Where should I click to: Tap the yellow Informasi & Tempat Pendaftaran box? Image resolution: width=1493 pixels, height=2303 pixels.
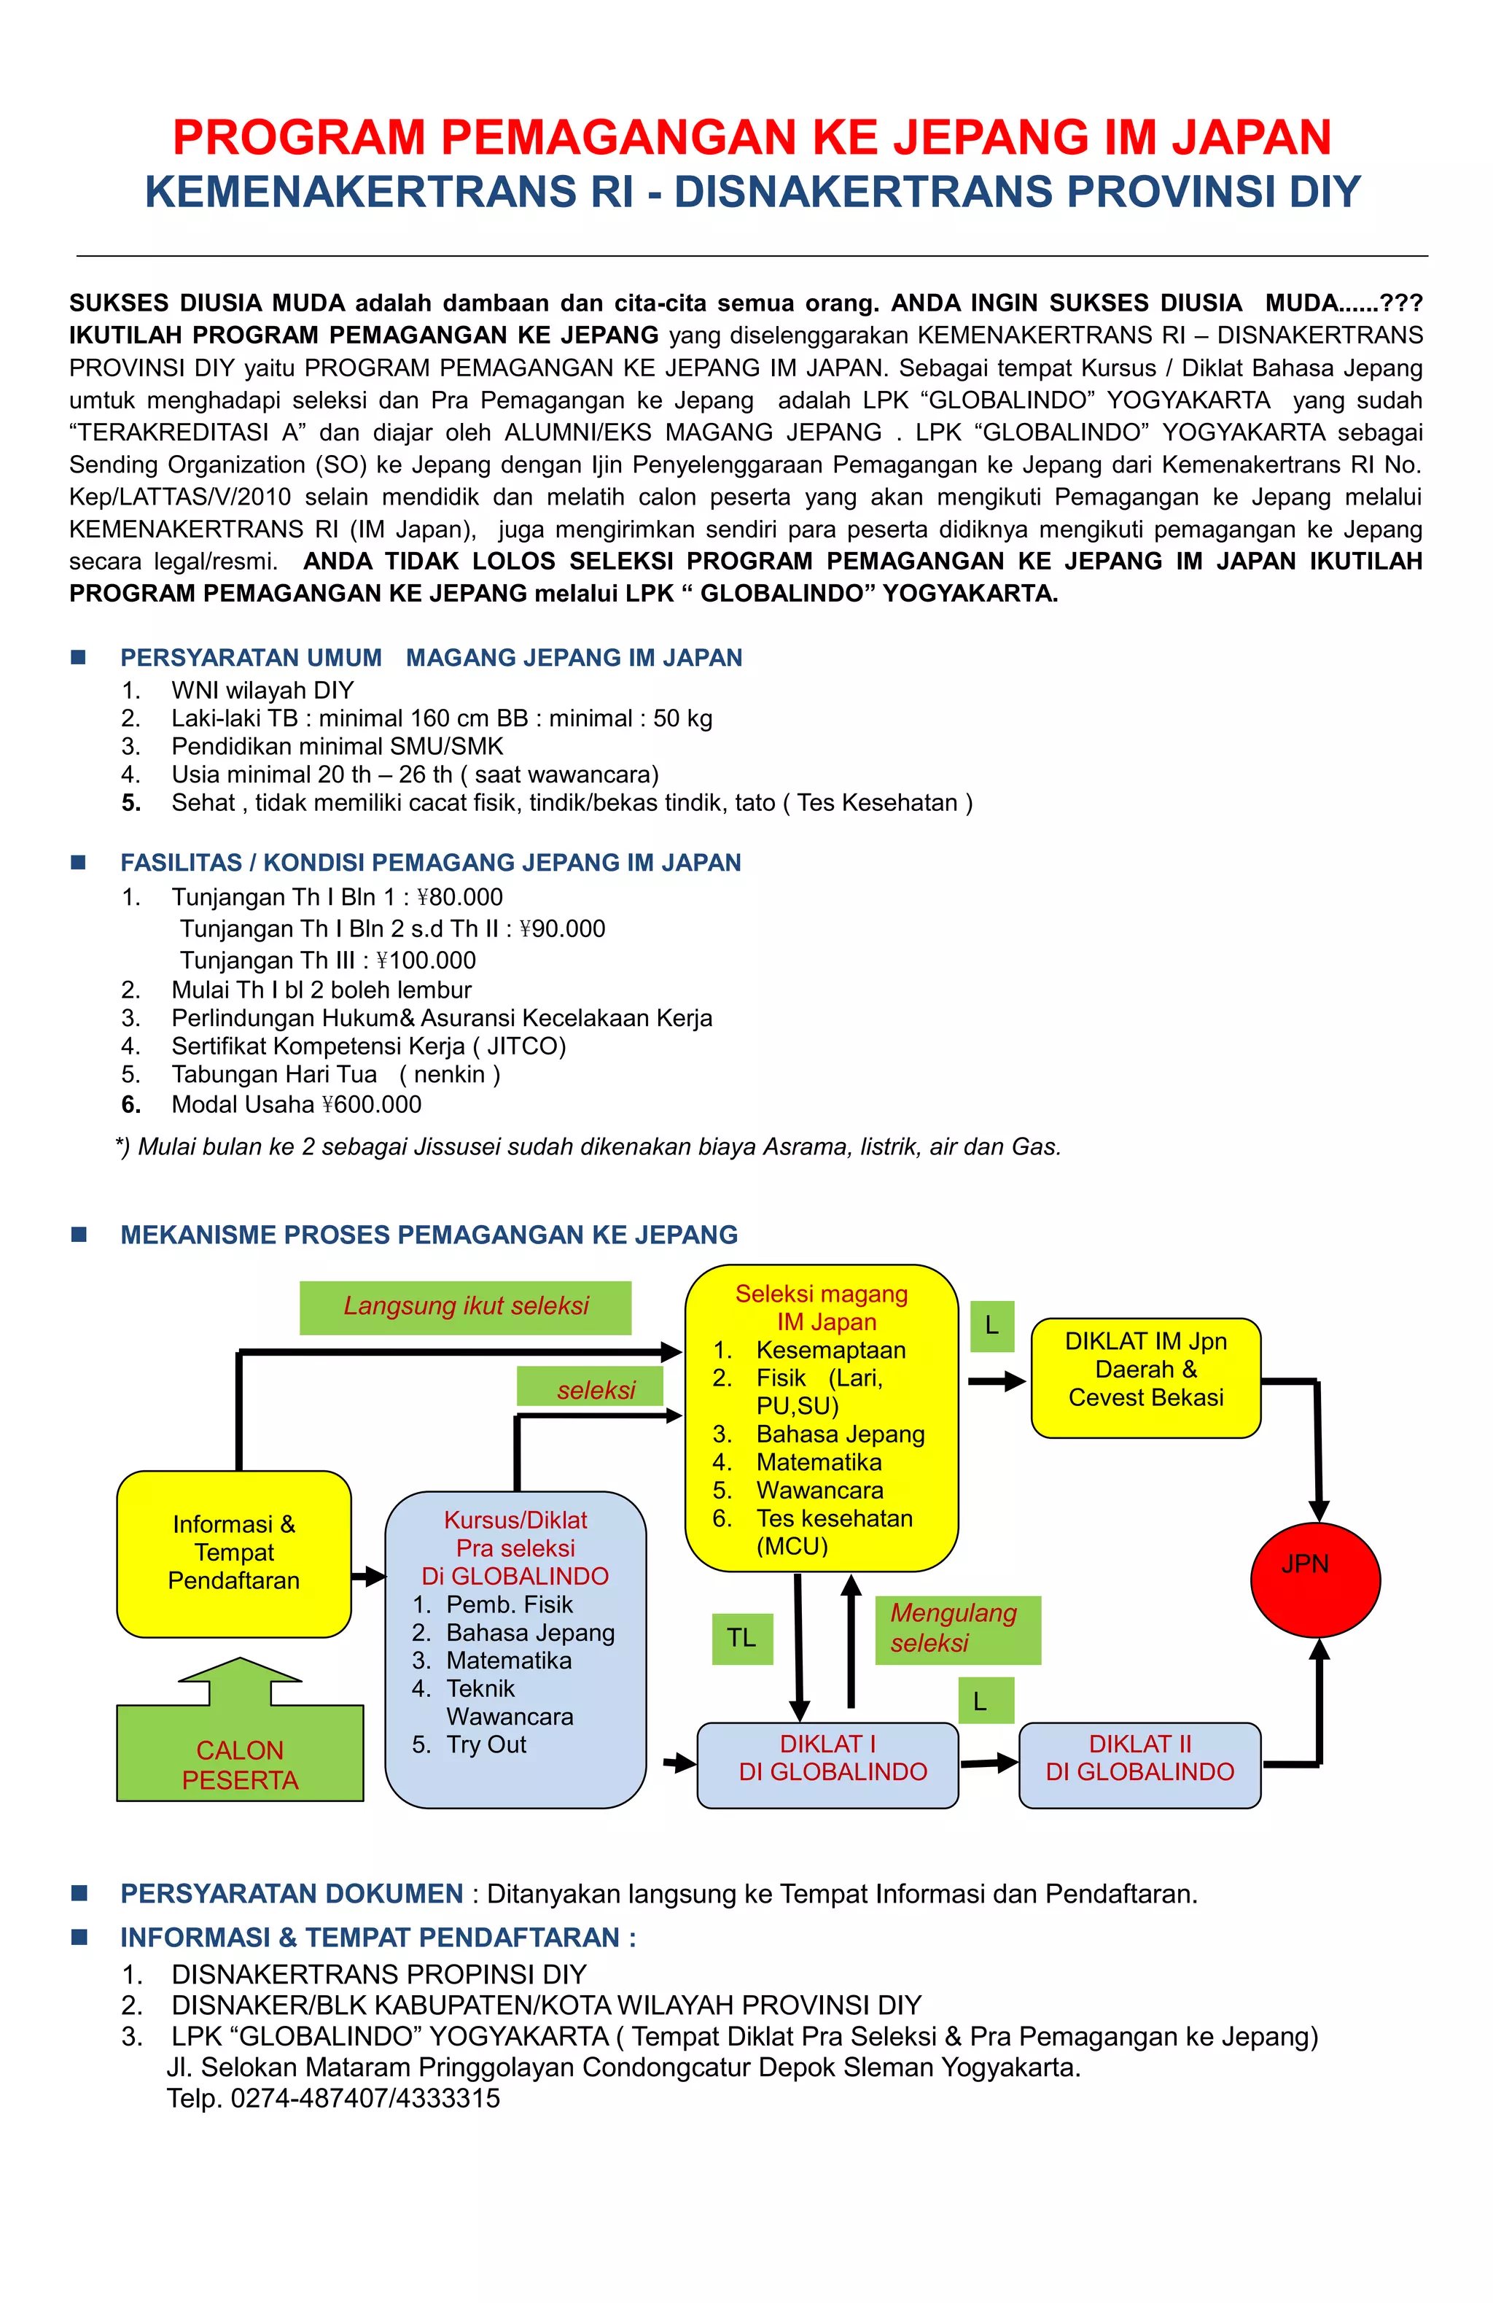click(234, 1553)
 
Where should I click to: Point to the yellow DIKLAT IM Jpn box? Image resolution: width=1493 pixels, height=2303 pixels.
click(1146, 1377)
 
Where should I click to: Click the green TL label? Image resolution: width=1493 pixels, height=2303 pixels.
click(742, 1638)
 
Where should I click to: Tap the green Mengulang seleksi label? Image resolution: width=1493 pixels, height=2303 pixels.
click(957, 1629)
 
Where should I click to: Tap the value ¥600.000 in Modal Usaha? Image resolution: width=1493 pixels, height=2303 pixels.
click(372, 1104)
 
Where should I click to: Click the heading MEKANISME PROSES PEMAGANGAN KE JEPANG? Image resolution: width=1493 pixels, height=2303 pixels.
click(429, 1235)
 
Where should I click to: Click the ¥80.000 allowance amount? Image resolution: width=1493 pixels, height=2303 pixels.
click(459, 897)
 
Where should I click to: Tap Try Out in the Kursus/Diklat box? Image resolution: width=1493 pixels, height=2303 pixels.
click(486, 1744)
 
